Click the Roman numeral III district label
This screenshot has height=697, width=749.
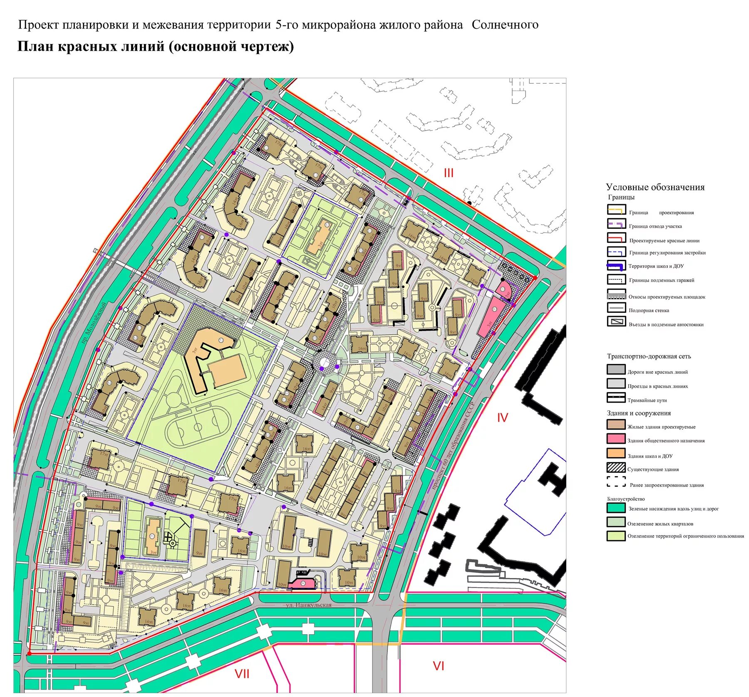click(448, 173)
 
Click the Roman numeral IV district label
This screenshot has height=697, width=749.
click(502, 418)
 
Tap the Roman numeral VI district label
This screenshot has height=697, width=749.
click(439, 666)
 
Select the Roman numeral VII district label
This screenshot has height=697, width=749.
click(242, 674)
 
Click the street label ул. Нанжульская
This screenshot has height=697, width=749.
click(308, 605)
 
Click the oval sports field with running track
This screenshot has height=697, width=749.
click(198, 427)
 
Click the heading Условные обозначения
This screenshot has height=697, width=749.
click(655, 187)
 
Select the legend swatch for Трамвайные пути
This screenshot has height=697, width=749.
click(616, 398)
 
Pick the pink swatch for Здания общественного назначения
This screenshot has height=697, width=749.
click(616, 439)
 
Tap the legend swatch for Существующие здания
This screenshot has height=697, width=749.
click(616, 467)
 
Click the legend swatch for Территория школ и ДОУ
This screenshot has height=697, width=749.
click(616, 265)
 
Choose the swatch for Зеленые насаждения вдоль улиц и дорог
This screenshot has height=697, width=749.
click(616, 508)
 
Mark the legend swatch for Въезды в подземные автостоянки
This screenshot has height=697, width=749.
click(616, 321)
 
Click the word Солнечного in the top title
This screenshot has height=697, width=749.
click(505, 25)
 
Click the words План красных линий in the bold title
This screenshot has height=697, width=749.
click(91, 46)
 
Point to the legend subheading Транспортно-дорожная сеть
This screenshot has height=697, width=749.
click(648, 356)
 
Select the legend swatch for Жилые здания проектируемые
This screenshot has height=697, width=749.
click(616, 425)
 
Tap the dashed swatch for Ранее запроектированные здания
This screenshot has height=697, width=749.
click(616, 482)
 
